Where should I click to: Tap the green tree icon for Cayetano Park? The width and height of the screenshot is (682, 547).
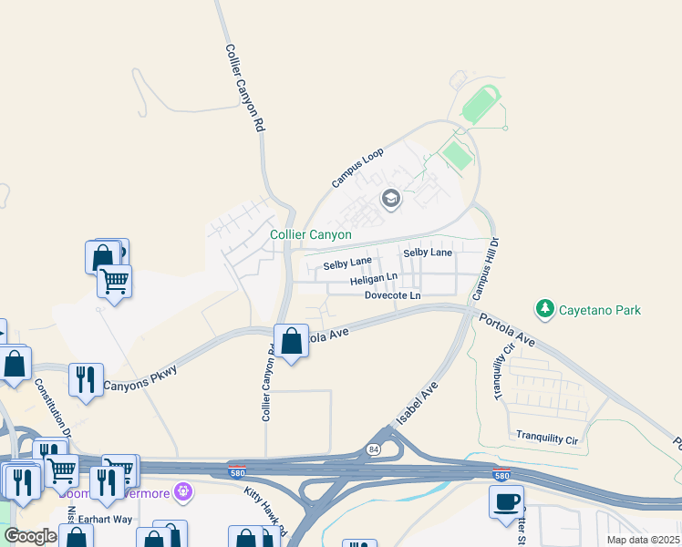[545, 309]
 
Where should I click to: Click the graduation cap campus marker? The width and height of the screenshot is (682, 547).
[391, 199]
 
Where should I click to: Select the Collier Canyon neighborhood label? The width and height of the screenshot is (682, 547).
[311, 234]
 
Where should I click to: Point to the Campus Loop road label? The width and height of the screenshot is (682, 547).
[357, 170]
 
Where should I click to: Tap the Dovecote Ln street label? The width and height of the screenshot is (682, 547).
[392, 295]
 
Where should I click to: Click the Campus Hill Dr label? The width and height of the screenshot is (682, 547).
[485, 269]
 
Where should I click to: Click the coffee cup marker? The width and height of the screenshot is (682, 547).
[506, 501]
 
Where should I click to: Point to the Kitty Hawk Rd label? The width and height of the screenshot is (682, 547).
[265, 511]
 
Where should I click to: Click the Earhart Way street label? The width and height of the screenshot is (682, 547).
[106, 519]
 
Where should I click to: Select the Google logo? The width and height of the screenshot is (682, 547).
[31, 536]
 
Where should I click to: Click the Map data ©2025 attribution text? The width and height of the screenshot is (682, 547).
[644, 540]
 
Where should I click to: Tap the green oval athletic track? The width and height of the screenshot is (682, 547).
[480, 105]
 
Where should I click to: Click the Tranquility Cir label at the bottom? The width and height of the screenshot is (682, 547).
[547, 439]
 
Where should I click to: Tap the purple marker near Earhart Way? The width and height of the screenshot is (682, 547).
[183, 492]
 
